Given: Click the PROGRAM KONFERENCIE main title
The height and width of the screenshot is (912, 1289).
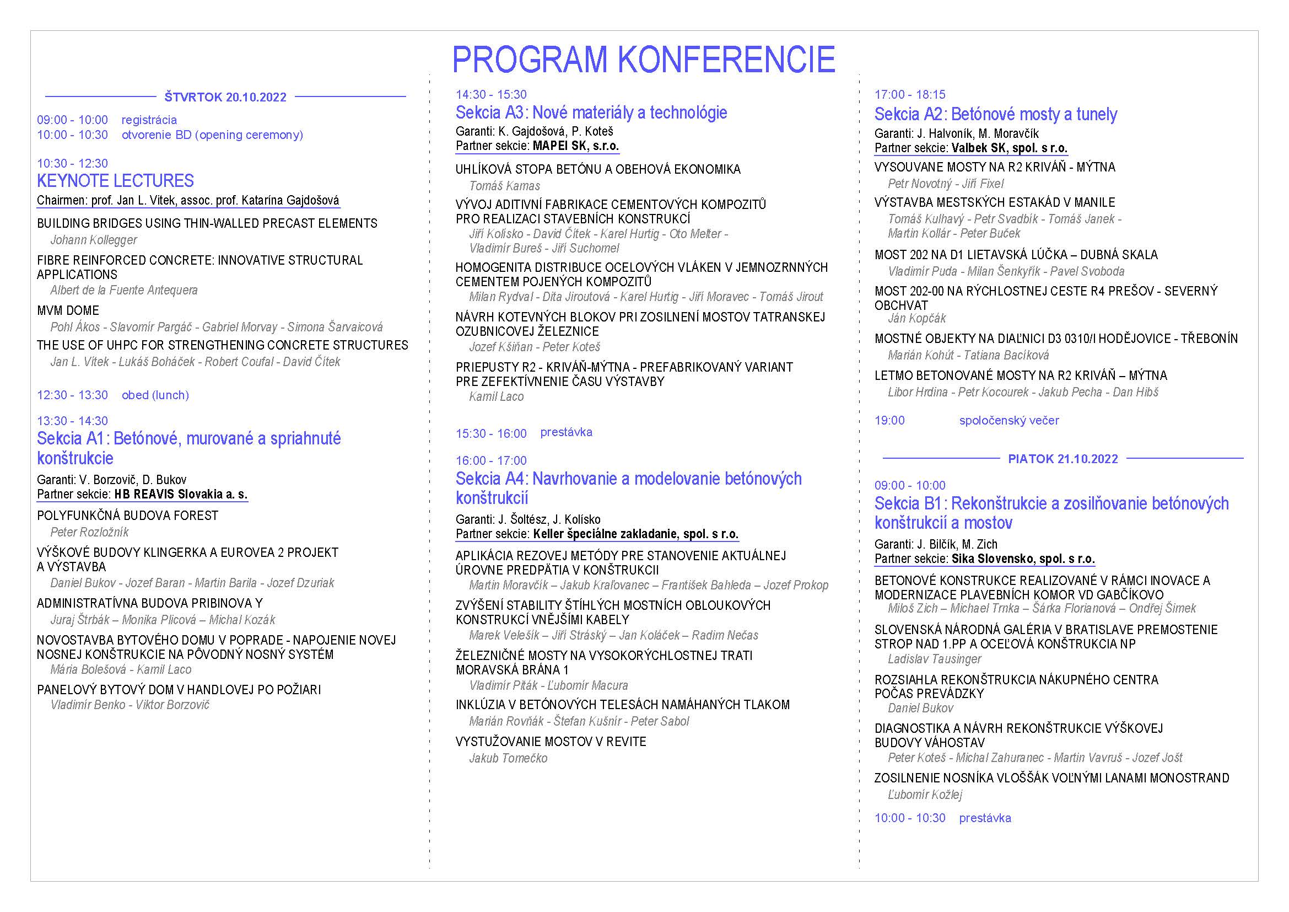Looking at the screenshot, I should point(643,60).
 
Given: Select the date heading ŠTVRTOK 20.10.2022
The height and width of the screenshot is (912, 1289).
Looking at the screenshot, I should point(225,97).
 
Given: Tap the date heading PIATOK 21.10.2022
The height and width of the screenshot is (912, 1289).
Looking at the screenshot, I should point(1063,459).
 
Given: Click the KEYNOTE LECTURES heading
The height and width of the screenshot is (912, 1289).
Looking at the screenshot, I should point(115,181).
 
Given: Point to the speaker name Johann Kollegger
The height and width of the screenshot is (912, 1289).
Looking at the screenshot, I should point(94,240).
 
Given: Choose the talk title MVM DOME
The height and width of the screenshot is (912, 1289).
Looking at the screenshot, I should point(68,310).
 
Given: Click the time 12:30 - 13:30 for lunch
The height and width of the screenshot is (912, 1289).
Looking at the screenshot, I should point(72,395).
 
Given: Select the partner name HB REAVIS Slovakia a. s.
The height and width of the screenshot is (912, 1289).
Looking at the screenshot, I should point(181,494).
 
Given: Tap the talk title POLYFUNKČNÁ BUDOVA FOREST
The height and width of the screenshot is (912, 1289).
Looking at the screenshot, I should point(127,516).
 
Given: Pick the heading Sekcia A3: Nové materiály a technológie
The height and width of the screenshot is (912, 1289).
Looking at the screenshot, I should point(591,113).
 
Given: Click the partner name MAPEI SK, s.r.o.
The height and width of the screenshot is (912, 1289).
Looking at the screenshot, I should point(576,146).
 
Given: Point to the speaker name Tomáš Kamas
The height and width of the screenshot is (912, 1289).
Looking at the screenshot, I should point(505,186).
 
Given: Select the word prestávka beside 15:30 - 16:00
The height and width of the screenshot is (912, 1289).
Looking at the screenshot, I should point(566,432).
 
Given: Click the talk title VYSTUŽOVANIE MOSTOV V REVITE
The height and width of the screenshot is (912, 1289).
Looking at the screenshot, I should point(551,741).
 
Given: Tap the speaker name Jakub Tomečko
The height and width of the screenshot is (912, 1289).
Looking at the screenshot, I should point(508,758).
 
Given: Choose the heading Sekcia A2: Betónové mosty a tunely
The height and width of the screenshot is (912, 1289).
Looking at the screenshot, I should point(995,115).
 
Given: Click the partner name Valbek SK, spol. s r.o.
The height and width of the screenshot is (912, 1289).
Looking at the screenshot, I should point(1010,148).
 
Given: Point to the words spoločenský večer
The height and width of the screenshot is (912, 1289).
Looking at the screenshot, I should point(1009,420).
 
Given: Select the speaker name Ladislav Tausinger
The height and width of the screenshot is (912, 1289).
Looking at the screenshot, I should point(934,659).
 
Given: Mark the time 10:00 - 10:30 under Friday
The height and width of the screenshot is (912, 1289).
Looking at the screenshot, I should point(909,818).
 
